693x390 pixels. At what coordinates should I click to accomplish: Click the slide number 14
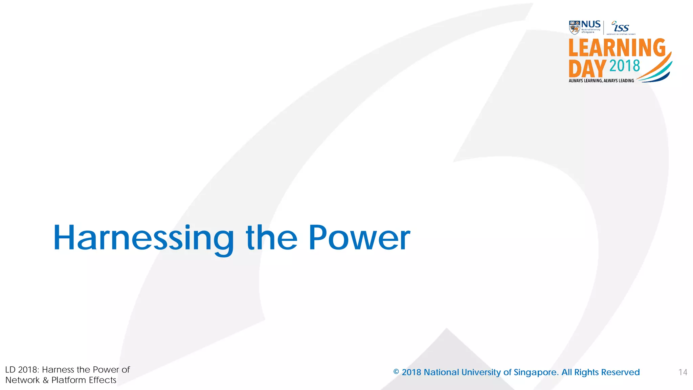[x=683, y=372]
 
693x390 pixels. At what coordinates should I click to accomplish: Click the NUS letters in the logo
[x=591, y=24]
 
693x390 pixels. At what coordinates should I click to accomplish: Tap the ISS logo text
[x=621, y=27]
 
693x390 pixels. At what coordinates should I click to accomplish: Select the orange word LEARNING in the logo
[x=617, y=48]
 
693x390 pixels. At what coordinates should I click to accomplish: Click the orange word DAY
[x=587, y=69]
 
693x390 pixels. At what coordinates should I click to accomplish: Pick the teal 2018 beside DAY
[x=625, y=66]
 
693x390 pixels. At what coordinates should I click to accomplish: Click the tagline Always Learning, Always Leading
[x=601, y=81]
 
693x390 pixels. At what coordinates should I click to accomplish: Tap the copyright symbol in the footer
[x=396, y=372]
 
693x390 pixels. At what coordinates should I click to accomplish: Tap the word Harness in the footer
[x=58, y=370]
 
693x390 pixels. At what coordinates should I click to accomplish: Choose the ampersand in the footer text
[x=45, y=380]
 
